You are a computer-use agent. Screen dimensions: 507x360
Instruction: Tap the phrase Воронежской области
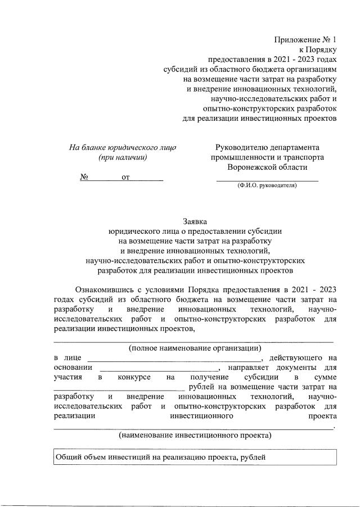pyautogui.click(x=268, y=168)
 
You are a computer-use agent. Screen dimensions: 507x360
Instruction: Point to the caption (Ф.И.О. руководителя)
pyautogui.click(x=267, y=185)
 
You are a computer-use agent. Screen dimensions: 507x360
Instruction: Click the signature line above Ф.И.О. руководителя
pyautogui.click(x=268, y=179)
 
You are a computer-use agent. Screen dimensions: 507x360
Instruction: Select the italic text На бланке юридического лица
pyautogui.click(x=123, y=147)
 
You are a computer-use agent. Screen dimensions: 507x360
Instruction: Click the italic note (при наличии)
pyautogui.click(x=123, y=157)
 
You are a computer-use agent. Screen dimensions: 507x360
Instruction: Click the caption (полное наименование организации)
pyautogui.click(x=195, y=347)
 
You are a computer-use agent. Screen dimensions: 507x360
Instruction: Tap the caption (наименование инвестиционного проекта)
pyautogui.click(x=195, y=435)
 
